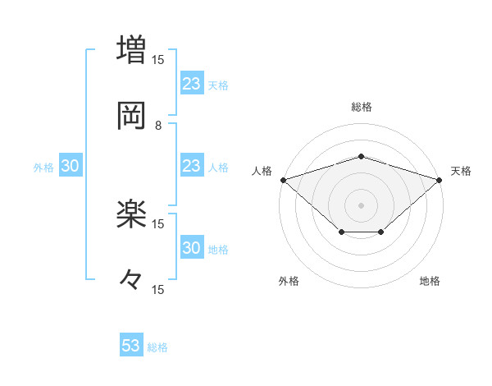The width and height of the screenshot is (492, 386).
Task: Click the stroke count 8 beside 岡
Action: pos(158,125)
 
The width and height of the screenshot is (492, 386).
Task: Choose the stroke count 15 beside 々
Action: pos(158,289)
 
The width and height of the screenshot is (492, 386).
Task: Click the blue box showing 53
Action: pos(131,346)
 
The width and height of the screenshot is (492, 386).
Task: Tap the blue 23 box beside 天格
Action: pos(191,84)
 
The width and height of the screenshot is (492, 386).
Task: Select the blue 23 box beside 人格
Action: pos(191,167)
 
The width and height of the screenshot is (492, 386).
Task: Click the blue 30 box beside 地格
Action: pos(191,248)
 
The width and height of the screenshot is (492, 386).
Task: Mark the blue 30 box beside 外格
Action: pos(71,167)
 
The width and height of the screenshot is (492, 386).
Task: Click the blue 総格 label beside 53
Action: pos(158,347)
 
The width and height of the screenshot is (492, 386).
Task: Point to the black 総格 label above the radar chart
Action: pos(362,107)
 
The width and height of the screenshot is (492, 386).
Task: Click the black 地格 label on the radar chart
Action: pos(430,282)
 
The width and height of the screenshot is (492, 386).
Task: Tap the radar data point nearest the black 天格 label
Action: pos(440,179)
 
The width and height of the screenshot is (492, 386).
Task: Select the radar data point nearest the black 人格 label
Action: pos(283,179)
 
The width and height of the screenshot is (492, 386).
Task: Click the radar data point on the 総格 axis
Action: pos(362,156)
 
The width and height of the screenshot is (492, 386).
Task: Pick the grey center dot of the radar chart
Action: pos(362,204)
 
